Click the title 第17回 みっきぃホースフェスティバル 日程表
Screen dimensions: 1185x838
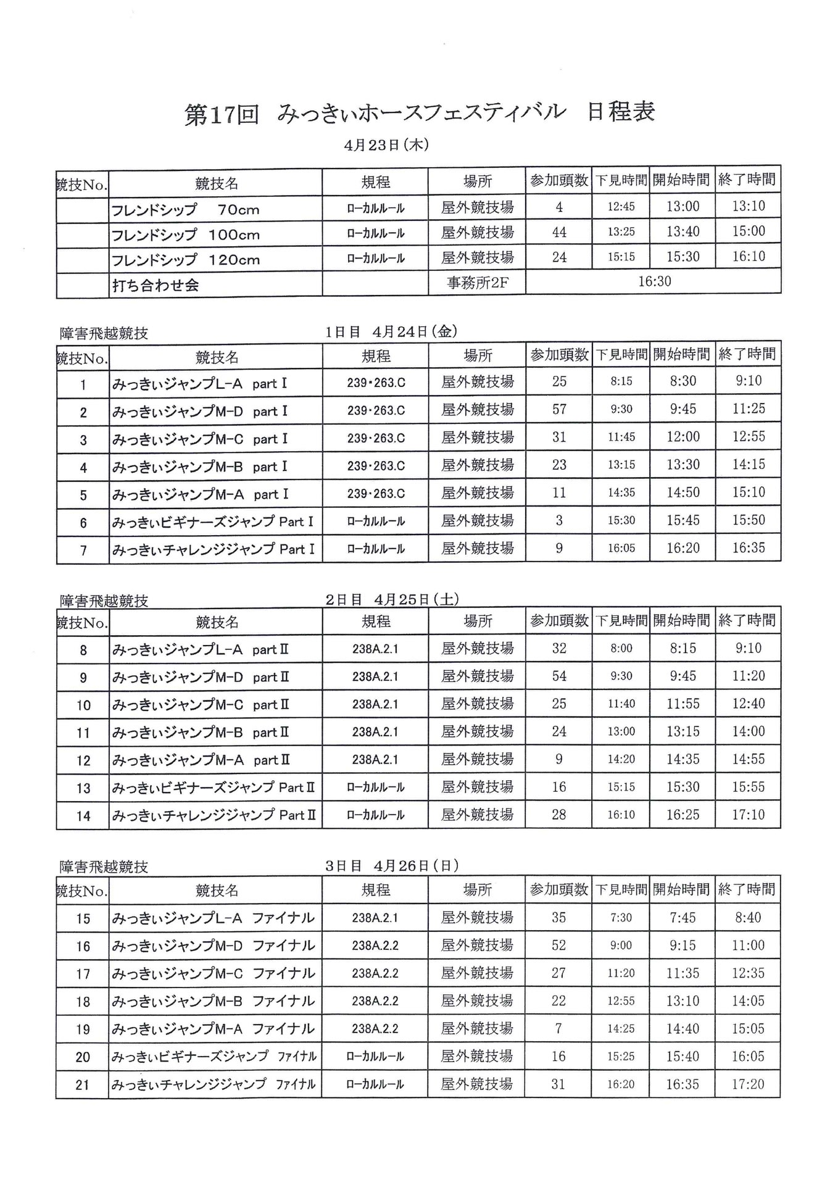[420, 114]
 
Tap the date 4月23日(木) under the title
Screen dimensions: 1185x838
[386, 146]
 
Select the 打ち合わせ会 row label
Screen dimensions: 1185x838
[156, 285]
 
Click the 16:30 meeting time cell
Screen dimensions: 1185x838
[654, 281]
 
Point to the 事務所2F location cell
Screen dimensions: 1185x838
[477, 283]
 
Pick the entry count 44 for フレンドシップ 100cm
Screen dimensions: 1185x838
[559, 233]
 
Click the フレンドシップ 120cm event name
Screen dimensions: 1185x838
[185, 260]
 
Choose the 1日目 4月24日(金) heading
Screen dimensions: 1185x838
[391, 331]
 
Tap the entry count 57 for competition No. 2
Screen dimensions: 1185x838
[559, 409]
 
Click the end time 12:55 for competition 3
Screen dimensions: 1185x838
[749, 437]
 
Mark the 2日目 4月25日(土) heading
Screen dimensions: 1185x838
[392, 599]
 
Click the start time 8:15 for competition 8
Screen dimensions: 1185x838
[683, 648]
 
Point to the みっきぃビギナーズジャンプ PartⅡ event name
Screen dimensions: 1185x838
[214, 788]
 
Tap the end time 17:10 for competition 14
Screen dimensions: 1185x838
[749, 815]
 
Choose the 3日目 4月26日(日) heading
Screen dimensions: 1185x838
[392, 865]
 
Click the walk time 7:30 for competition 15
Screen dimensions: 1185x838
[621, 918]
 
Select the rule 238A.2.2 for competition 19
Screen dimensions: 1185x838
[375, 1029]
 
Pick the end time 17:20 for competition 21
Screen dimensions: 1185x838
[748, 1084]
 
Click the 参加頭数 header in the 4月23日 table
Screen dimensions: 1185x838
[559, 180]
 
